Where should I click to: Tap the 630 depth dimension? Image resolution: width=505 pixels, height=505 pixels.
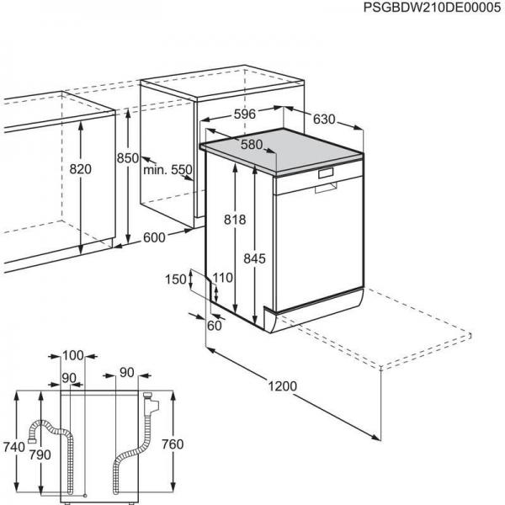tap(325, 120)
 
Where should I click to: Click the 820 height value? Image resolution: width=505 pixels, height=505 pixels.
tap(80, 169)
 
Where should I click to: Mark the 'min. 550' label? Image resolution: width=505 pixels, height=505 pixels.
tap(167, 169)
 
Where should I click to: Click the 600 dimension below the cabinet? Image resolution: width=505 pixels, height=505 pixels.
tap(154, 237)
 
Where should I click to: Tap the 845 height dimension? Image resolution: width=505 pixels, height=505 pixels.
tap(254, 258)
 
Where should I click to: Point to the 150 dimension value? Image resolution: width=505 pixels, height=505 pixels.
tap(176, 279)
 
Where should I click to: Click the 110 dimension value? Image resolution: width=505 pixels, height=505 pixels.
tap(222, 277)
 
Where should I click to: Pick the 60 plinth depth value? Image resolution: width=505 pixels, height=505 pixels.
tap(215, 326)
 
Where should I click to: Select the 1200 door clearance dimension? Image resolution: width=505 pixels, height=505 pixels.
tap(283, 385)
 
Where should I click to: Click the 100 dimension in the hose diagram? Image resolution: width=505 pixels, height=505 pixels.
tap(73, 356)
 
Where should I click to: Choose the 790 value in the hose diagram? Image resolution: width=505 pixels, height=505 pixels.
tap(40, 455)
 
